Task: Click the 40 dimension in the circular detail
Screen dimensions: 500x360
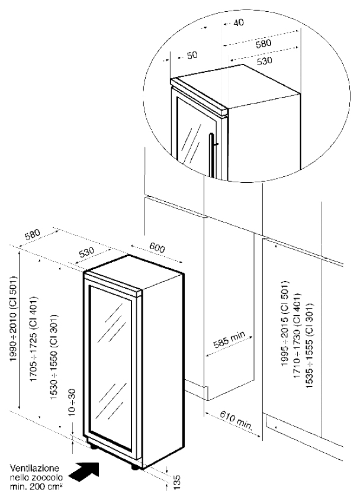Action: (239, 22)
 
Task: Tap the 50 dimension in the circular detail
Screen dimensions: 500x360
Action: (192, 55)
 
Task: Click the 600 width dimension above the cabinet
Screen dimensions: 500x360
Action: (156, 248)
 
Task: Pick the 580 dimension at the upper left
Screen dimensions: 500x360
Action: (33, 236)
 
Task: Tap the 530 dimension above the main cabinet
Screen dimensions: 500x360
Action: (87, 252)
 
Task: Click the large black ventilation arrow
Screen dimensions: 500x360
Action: (83, 471)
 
